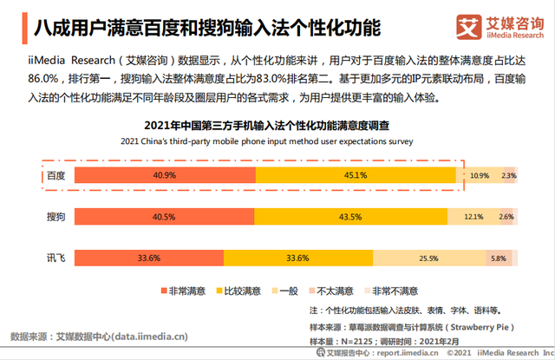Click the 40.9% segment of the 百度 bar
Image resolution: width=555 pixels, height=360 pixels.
(x=165, y=174)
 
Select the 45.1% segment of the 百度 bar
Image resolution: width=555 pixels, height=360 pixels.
(x=356, y=174)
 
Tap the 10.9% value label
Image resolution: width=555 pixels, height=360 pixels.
(x=480, y=175)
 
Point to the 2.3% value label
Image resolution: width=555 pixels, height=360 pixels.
(x=509, y=175)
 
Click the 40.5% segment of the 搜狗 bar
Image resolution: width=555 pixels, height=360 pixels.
(x=164, y=216)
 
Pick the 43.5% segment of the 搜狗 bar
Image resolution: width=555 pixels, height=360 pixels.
(x=350, y=216)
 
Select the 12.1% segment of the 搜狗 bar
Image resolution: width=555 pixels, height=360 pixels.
(x=473, y=216)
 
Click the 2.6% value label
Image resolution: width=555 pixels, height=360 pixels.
(x=507, y=216)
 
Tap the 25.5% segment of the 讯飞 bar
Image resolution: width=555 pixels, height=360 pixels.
(x=428, y=257)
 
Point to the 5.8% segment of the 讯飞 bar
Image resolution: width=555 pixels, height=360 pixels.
(x=498, y=257)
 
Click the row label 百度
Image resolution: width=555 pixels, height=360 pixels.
(x=55, y=174)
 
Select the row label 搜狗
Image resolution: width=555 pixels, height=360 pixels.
(x=55, y=216)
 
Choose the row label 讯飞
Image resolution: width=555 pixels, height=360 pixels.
(x=55, y=257)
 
